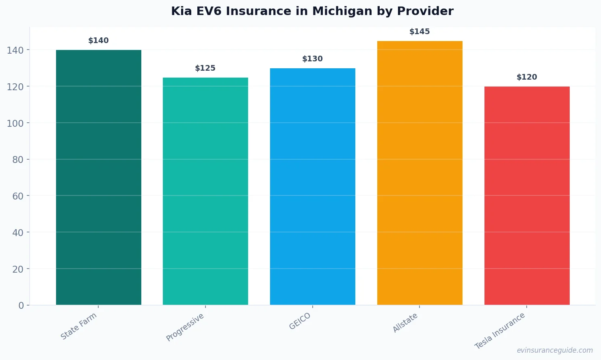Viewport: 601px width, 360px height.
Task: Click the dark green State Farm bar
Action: click(x=99, y=177)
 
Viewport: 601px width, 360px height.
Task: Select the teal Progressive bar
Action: click(x=205, y=191)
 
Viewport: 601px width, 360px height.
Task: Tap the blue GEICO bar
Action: click(x=313, y=187)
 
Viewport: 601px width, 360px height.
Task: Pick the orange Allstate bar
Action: click(x=419, y=173)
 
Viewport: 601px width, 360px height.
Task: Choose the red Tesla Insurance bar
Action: click(x=527, y=195)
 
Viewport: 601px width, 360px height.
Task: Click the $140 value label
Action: click(x=99, y=41)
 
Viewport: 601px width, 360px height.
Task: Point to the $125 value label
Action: click(x=205, y=68)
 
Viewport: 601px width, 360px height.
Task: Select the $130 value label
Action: click(x=312, y=59)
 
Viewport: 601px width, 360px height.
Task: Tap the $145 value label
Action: click(x=419, y=32)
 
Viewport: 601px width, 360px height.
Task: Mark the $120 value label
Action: click(x=527, y=77)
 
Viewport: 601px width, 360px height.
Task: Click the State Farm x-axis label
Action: click(x=79, y=326)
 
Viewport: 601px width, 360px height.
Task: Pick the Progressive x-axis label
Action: click(x=185, y=327)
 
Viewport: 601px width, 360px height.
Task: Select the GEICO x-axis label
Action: click(x=300, y=321)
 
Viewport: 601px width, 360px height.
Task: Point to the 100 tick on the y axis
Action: click(x=15, y=123)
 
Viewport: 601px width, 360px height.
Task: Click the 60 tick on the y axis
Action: click(x=17, y=196)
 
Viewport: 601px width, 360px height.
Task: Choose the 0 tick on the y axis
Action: click(x=21, y=306)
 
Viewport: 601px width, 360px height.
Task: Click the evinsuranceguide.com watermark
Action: click(x=555, y=350)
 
